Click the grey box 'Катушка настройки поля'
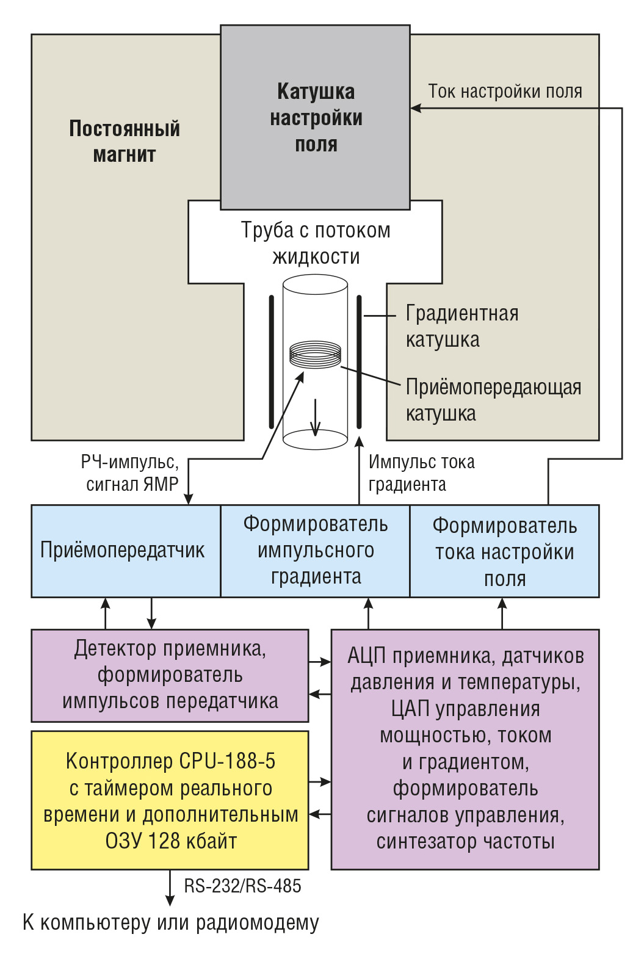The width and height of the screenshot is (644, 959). pos(315,117)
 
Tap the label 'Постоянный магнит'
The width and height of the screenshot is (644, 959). pos(125,142)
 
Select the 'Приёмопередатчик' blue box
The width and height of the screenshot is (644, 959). pos(126,551)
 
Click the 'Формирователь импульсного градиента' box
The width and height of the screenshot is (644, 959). pos(315,551)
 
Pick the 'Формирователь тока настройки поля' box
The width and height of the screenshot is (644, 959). pos(504,551)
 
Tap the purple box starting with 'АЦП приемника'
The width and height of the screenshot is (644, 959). pos(465,749)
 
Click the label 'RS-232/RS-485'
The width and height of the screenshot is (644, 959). pos(243,886)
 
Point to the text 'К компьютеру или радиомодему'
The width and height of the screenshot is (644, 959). pos(171,922)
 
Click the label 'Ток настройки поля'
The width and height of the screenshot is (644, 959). pos(505,91)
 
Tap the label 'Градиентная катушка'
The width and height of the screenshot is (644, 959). pos(462,327)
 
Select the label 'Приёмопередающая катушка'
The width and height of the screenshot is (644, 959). pos(493,400)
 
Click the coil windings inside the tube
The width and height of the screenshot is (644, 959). pos(315,355)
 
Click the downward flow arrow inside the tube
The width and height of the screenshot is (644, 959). pos(316,418)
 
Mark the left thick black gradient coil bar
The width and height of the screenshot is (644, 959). pos(272,362)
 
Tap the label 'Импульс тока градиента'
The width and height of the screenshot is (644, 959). pos(422,474)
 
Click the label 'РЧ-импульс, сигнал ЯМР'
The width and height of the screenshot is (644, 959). pos(130,474)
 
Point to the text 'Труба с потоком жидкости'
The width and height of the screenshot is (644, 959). pos(316,243)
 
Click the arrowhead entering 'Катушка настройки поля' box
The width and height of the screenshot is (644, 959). pos(415,108)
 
